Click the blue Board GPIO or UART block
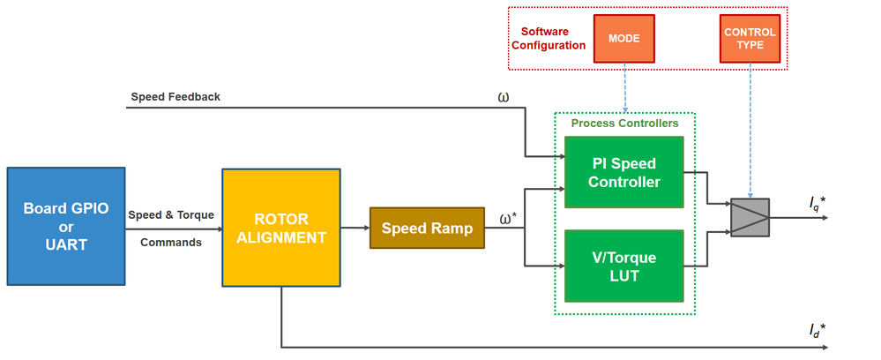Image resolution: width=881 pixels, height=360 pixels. point(65,226)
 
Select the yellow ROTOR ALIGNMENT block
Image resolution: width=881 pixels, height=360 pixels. point(281,227)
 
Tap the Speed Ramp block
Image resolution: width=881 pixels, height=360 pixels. point(427,228)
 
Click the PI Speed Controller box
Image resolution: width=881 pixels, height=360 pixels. point(624,173)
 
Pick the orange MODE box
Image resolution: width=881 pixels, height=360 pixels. point(624,39)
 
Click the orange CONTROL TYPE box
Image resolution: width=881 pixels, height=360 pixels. point(750,39)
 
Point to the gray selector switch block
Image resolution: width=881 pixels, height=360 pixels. point(750,217)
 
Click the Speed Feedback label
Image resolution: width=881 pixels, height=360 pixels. point(175,97)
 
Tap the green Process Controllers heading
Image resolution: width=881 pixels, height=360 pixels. point(624,124)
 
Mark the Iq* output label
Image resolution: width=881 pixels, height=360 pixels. point(818,204)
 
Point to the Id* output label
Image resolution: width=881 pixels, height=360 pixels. point(818,331)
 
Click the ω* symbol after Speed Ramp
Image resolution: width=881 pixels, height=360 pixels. point(508,218)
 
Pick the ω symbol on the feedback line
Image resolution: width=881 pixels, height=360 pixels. point(504,96)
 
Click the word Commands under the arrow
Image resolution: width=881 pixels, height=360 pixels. point(171,242)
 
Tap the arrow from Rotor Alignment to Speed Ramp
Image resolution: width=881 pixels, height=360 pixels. point(355,228)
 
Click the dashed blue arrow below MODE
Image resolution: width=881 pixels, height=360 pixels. point(624,87)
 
